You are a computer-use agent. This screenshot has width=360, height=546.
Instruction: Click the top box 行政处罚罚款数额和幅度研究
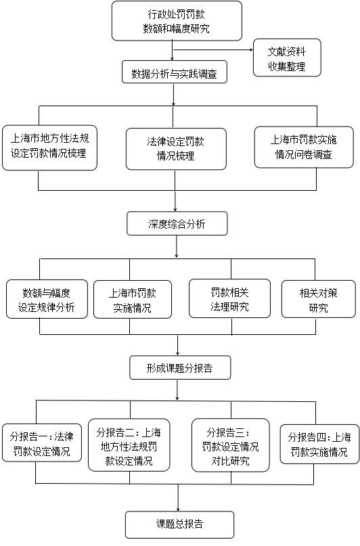click(x=177, y=21)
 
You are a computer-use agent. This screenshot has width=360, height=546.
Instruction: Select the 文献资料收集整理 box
click(x=287, y=58)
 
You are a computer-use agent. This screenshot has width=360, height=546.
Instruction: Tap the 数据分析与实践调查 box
click(x=175, y=72)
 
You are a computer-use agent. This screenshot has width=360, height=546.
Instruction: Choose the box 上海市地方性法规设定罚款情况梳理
click(x=49, y=147)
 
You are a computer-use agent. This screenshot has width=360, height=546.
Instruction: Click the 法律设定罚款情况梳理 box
click(x=176, y=149)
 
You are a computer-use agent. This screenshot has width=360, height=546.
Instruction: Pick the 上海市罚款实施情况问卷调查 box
click(x=304, y=147)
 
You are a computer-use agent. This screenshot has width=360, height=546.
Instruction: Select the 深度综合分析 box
click(x=177, y=223)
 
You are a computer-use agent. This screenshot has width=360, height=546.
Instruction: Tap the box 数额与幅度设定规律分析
click(x=47, y=299)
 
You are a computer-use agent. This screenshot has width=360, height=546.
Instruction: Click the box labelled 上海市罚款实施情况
click(x=133, y=300)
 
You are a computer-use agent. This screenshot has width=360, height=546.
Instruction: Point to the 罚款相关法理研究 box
click(x=229, y=298)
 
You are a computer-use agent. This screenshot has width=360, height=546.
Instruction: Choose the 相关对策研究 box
click(x=318, y=300)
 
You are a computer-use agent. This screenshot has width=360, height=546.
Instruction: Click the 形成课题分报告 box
click(x=180, y=367)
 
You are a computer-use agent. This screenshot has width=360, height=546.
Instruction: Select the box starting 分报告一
click(x=42, y=443)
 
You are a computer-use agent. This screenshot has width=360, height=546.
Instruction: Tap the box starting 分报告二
click(x=129, y=445)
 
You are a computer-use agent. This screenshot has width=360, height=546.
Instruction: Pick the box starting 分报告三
click(x=231, y=445)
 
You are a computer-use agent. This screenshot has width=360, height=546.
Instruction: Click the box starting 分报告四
click(x=319, y=444)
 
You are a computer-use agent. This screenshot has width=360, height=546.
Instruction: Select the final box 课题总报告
click(x=179, y=524)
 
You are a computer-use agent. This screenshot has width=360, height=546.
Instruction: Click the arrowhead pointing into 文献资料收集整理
click(x=251, y=50)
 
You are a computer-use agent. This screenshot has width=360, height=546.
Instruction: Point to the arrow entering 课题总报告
click(x=178, y=497)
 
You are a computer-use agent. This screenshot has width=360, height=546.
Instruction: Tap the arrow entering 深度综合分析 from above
click(x=175, y=201)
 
